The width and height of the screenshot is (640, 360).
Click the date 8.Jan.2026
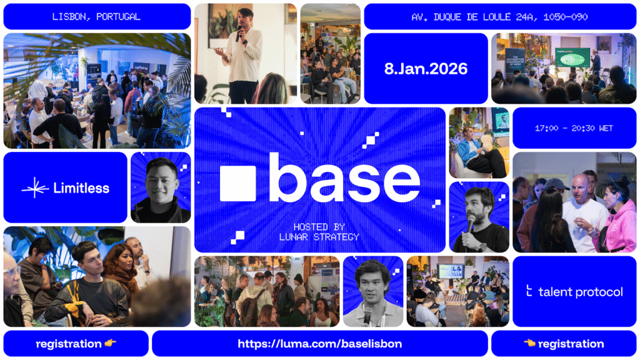click(426, 68)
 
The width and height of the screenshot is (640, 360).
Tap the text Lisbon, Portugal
click(96, 16)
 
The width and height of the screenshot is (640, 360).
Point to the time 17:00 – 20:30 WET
click(574, 128)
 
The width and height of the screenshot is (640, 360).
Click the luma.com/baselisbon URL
click(319, 344)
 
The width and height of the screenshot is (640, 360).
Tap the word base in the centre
click(344, 179)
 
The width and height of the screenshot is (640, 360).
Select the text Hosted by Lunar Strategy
click(319, 232)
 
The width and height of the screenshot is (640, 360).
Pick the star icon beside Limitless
click(35, 187)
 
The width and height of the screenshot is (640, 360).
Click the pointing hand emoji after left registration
click(111, 344)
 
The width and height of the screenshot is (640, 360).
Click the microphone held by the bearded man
click(471, 223)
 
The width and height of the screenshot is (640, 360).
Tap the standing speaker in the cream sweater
click(244, 53)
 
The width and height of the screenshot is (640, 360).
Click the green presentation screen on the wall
click(572, 57)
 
